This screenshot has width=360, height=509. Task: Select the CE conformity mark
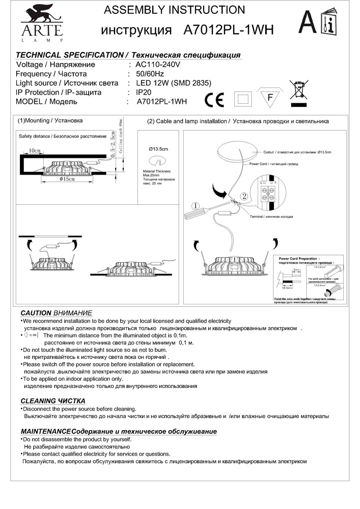pyautogui.click(x=214, y=99)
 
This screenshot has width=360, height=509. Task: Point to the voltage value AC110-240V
pyautogui.click(x=158, y=65)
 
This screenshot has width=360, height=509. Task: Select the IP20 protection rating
pyautogui.click(x=145, y=92)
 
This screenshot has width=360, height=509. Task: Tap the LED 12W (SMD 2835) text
pyautogui.click(x=174, y=83)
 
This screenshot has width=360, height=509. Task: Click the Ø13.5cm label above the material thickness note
pyautogui.click(x=158, y=148)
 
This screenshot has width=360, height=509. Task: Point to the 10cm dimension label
pyautogui.click(x=34, y=151)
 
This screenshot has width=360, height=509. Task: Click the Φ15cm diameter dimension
pyautogui.click(x=67, y=179)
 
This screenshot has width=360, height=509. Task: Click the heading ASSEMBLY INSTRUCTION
pyautogui.click(x=174, y=10)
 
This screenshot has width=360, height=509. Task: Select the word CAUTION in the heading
pyautogui.click(x=36, y=313)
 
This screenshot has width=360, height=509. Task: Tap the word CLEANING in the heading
pyautogui.click(x=38, y=401)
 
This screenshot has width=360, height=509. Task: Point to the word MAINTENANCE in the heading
pyautogui.click(x=45, y=432)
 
